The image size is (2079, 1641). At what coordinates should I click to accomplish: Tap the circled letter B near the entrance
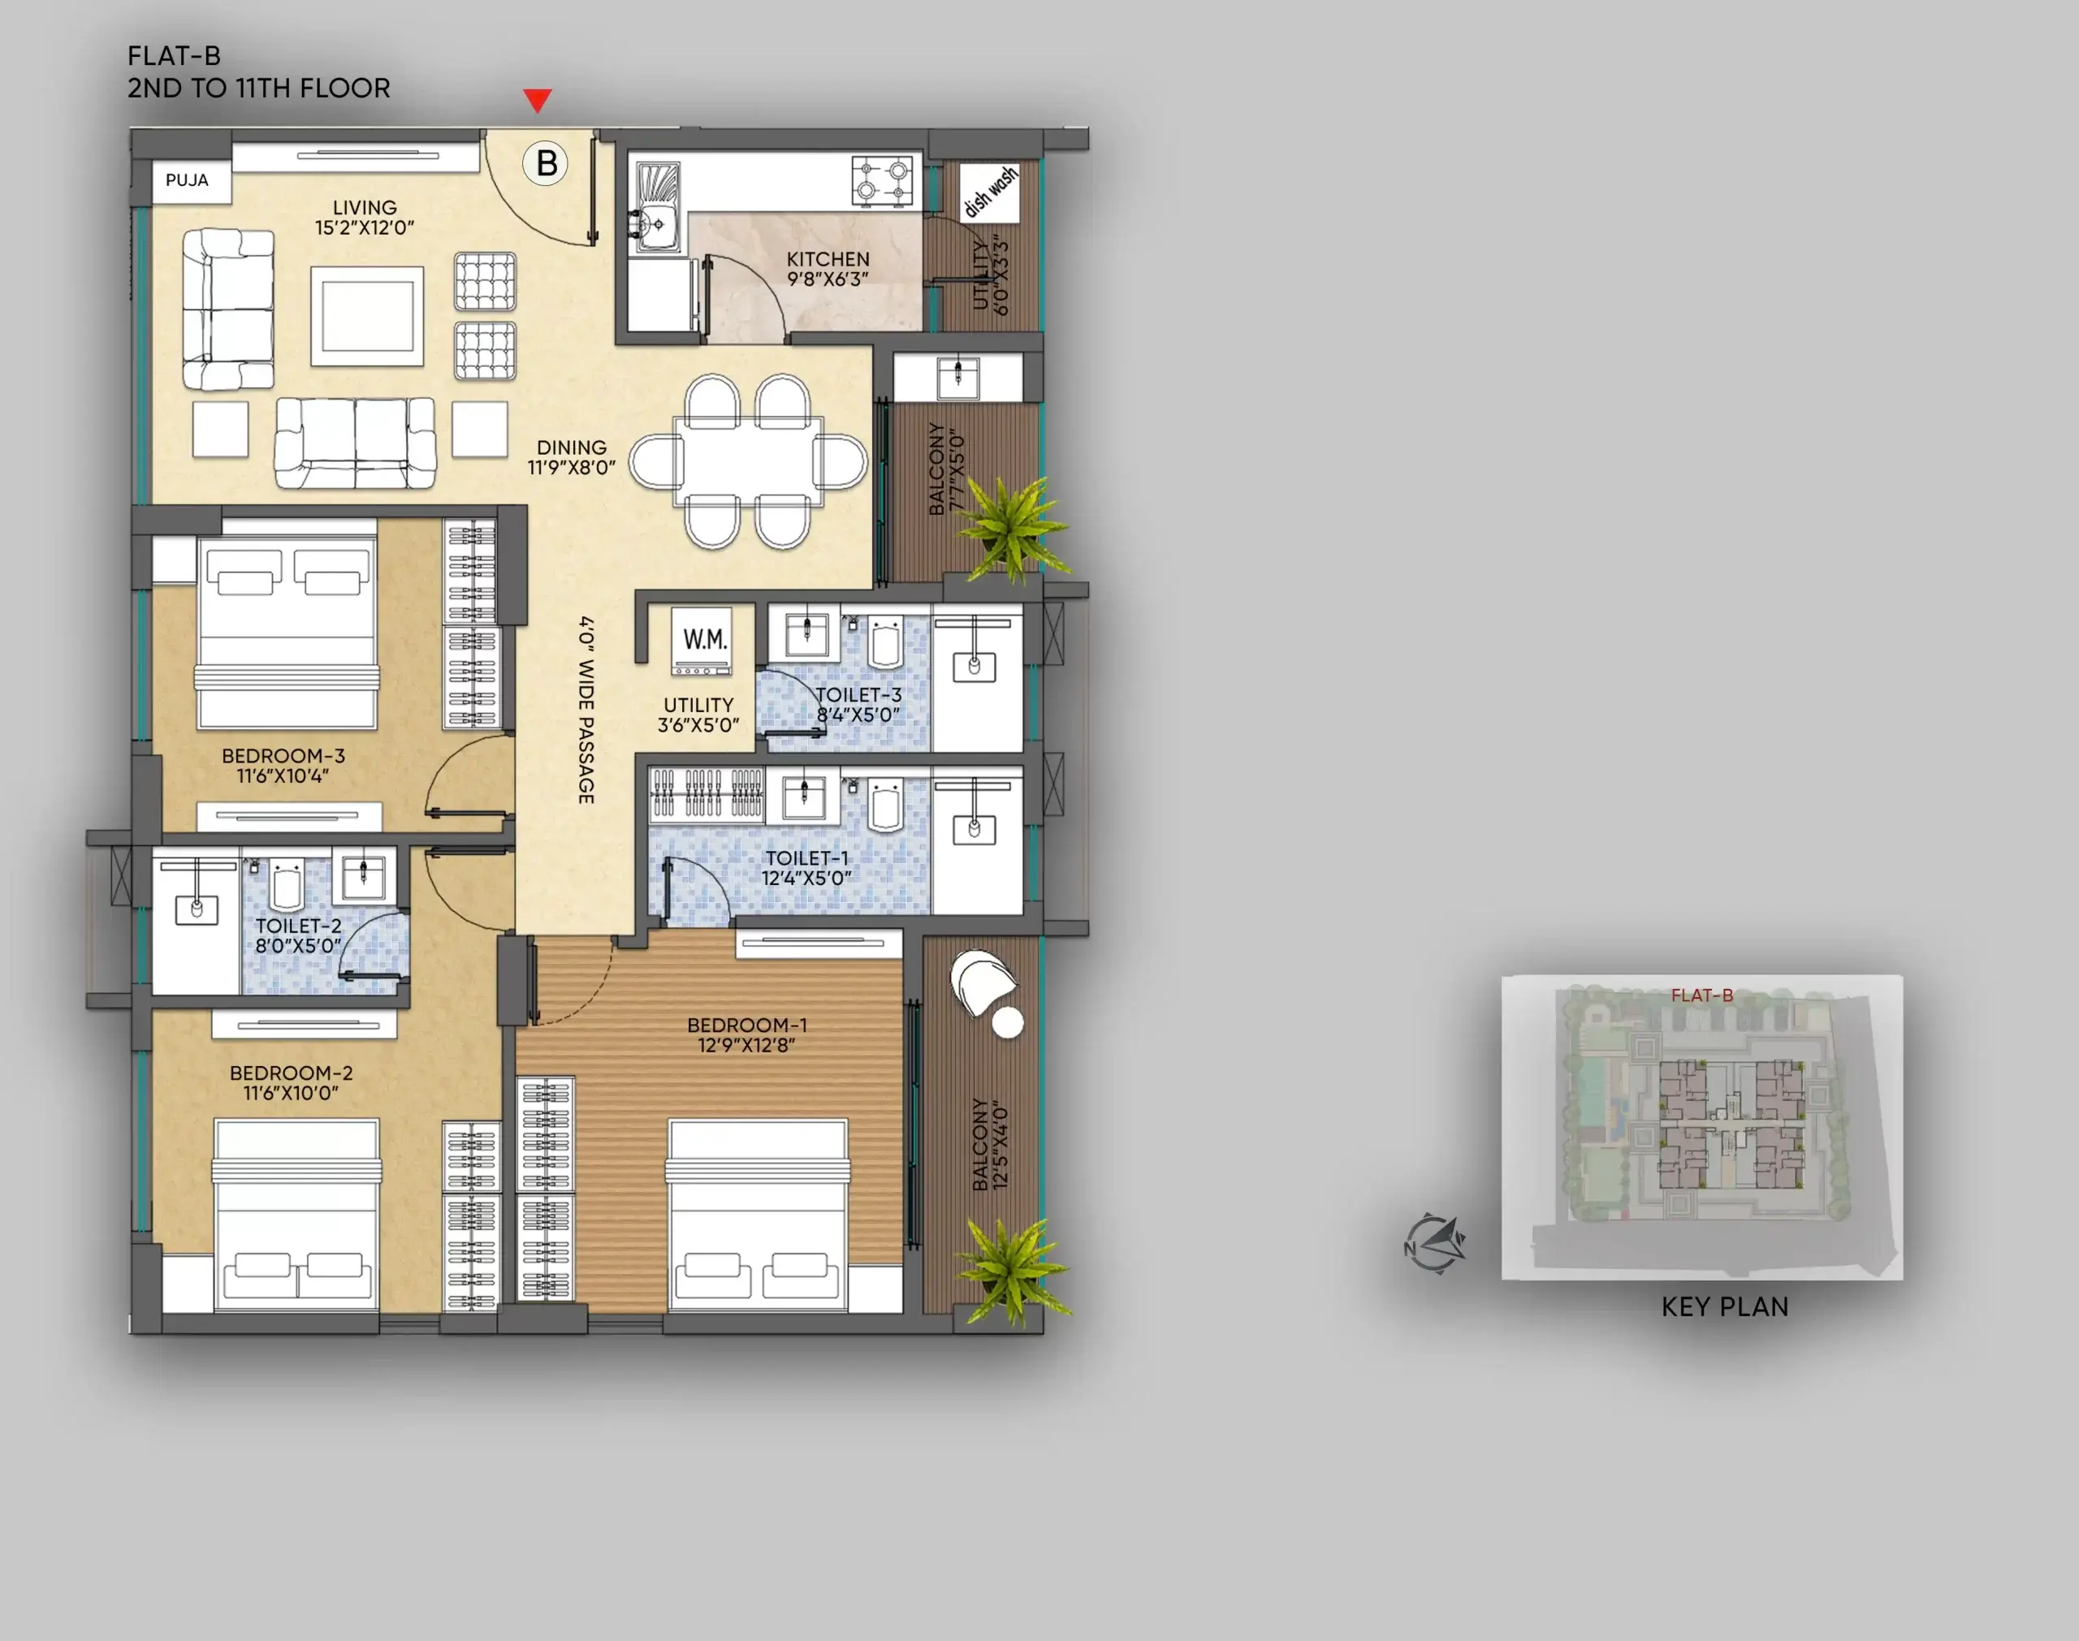coord(546,163)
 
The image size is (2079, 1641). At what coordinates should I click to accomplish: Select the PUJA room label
coord(187,179)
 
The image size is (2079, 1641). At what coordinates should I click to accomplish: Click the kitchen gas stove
coord(882,179)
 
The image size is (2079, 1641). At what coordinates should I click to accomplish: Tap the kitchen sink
coord(655,208)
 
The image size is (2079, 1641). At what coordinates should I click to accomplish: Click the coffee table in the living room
coord(367,316)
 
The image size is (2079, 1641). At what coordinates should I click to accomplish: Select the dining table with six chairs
coord(749,461)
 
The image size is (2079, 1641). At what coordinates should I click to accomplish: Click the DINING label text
coord(572,447)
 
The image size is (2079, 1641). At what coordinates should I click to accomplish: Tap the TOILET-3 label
coord(859,694)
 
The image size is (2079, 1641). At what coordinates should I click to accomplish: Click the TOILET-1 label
coord(807,858)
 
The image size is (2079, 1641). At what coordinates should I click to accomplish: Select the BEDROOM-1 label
coord(747,1026)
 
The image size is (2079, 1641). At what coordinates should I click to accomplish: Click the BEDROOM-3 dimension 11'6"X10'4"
coord(283,775)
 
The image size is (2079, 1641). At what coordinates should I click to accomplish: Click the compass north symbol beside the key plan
coord(1435,1244)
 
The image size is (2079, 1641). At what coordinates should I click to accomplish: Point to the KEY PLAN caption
coord(1726,1306)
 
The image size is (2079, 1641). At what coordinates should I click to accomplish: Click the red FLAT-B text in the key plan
coord(1702,995)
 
